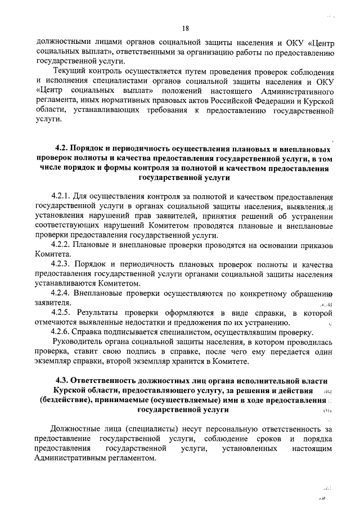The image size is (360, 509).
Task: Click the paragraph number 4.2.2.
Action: (x=60, y=245)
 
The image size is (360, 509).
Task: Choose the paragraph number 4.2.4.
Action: (x=60, y=292)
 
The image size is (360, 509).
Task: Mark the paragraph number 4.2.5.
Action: (x=60, y=312)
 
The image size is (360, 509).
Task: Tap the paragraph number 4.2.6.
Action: (x=60, y=332)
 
